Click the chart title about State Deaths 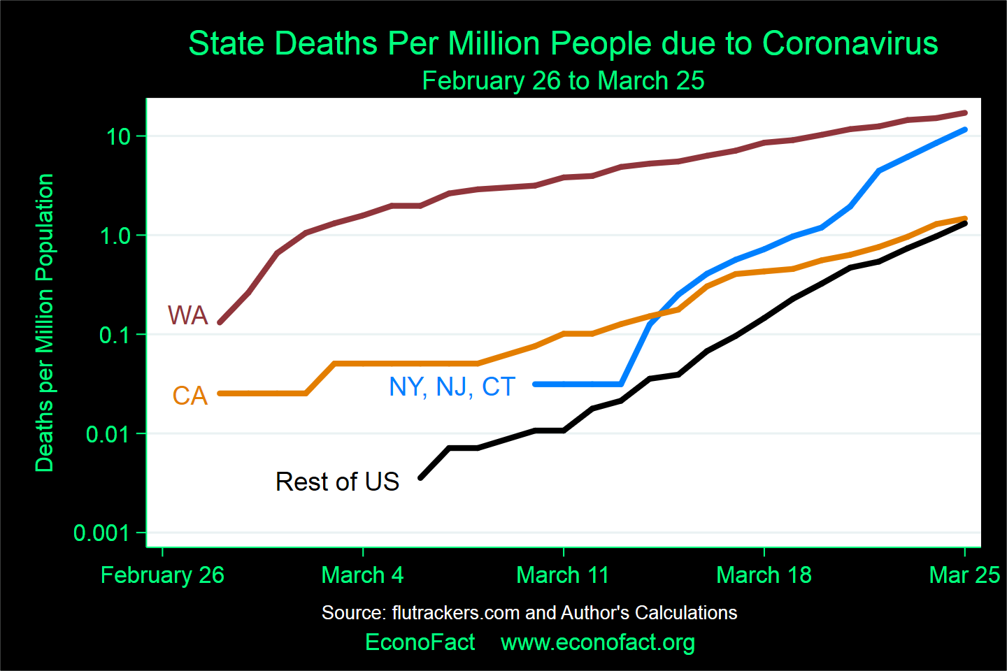[x=563, y=43]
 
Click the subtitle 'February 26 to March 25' [x=563, y=81]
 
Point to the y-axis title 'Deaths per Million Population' [x=45, y=323]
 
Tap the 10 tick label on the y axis [x=119, y=136]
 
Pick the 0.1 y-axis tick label [x=115, y=335]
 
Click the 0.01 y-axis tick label [x=108, y=434]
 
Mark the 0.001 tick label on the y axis [x=102, y=533]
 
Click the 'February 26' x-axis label [x=162, y=575]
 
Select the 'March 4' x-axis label [x=362, y=575]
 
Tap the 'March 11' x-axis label [x=563, y=575]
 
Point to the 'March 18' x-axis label [x=764, y=575]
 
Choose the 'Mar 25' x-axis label [x=964, y=575]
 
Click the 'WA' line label [x=187, y=316]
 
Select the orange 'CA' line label [x=190, y=396]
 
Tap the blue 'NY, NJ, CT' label [x=452, y=387]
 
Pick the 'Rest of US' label [x=337, y=482]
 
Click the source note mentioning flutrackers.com [x=529, y=613]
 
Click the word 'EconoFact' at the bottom [x=420, y=642]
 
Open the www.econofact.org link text [x=598, y=642]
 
